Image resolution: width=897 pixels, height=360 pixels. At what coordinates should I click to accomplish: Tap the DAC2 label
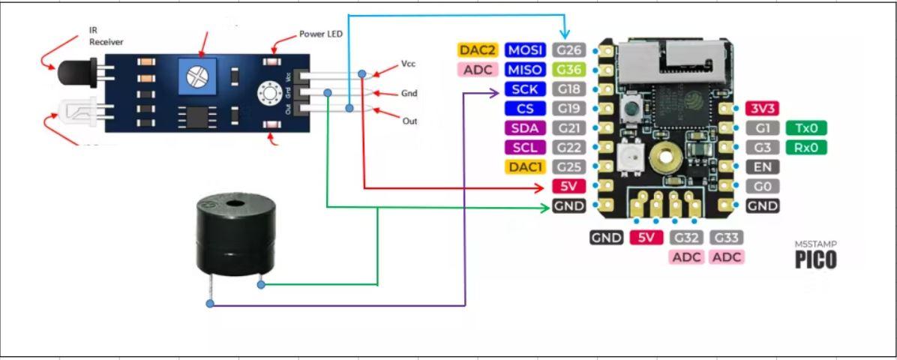click(x=478, y=50)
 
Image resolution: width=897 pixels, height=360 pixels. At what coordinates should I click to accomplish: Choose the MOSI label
click(x=526, y=50)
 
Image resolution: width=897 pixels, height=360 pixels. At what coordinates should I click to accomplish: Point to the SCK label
click(x=526, y=89)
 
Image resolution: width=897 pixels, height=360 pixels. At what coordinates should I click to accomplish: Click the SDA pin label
click(x=526, y=128)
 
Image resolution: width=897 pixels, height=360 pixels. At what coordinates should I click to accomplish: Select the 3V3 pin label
click(x=763, y=109)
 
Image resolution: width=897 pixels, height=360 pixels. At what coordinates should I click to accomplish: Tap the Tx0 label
click(x=806, y=128)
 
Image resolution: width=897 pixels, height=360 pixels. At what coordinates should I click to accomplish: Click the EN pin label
click(x=763, y=167)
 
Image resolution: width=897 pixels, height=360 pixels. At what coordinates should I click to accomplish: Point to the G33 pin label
click(x=727, y=238)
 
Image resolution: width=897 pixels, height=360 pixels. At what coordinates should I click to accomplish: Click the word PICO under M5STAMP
click(x=816, y=259)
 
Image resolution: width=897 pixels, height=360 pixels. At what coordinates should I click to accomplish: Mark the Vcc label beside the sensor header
click(x=408, y=64)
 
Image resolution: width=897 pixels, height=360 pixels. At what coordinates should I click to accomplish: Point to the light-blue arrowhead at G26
click(x=565, y=34)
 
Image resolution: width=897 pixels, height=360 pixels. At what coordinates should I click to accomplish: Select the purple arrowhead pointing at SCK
click(x=494, y=93)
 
